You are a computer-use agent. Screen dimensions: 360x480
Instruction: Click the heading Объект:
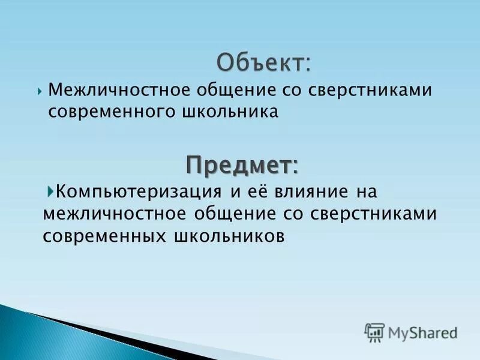tap(264, 62)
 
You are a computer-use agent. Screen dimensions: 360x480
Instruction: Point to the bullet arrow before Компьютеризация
tap(50, 191)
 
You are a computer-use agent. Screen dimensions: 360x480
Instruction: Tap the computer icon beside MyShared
tap(374, 332)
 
